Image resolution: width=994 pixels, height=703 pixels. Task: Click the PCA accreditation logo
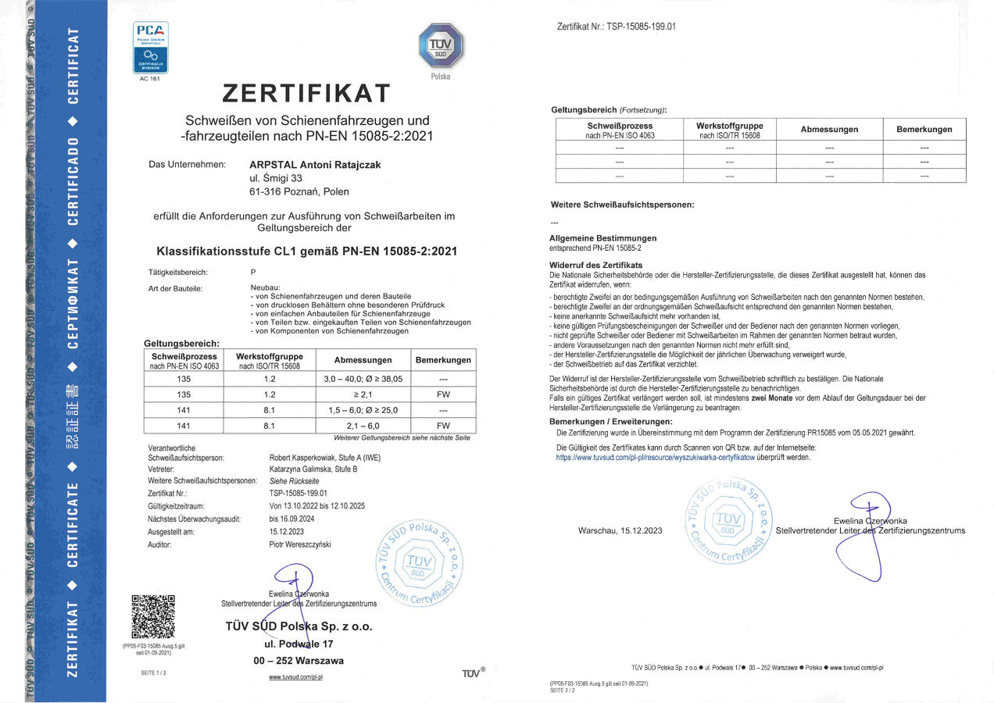click(150, 48)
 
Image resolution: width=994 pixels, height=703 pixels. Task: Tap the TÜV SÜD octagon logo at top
click(441, 45)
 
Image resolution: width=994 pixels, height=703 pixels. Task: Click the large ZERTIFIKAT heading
click(306, 94)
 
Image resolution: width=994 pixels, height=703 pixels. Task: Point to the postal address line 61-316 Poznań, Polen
click(299, 192)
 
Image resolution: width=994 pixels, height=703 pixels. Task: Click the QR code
click(152, 617)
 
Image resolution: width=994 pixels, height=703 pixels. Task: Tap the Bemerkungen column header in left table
click(443, 360)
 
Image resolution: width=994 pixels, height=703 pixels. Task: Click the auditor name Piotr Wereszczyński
click(301, 544)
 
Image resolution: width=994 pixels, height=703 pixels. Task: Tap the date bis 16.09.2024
click(291, 519)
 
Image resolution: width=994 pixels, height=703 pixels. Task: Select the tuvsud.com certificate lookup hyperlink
click(655, 458)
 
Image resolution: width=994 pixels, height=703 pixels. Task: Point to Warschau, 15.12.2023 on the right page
click(620, 531)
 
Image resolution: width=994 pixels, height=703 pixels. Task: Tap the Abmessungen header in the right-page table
click(829, 129)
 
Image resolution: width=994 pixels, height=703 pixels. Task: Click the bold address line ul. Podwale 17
click(299, 644)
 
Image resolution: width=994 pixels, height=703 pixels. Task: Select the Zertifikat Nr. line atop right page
click(617, 27)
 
